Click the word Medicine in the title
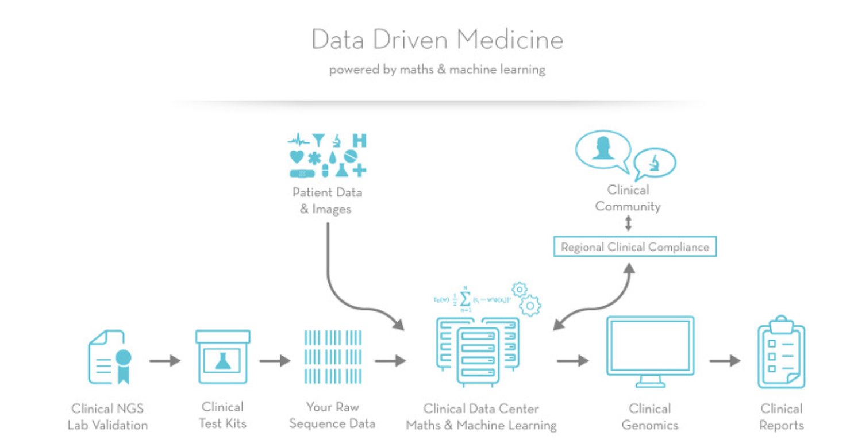[x=511, y=40]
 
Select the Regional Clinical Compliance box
[x=635, y=247]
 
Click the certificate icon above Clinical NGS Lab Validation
[x=109, y=357]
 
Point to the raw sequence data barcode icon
[x=333, y=357]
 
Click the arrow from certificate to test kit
[x=165, y=361]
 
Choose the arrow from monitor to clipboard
[x=725, y=361]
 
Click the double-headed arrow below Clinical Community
[x=628, y=223]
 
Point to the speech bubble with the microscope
[x=655, y=163]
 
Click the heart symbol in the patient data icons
[x=297, y=156]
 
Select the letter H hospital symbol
[x=359, y=141]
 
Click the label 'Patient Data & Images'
[x=327, y=200]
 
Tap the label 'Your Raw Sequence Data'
[x=332, y=415]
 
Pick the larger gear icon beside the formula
[x=530, y=305]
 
